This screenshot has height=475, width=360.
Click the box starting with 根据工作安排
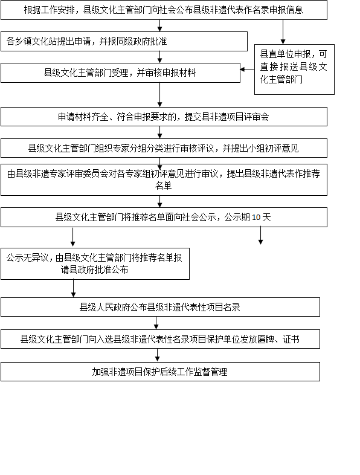coord(164,10)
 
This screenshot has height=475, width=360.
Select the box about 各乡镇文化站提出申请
coord(124,41)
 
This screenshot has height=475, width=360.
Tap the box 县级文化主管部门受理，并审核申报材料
coord(120,73)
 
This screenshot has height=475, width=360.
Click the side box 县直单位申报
coord(294,69)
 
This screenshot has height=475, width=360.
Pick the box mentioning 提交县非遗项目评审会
coord(164,117)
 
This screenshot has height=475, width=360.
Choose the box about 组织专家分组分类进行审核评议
coord(164,148)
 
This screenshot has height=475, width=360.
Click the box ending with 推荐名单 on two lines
coord(164,179)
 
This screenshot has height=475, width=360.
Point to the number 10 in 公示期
coord(256,218)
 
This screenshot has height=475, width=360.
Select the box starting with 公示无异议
coord(95,263)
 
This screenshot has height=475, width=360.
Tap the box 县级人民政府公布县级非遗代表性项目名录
coord(160,307)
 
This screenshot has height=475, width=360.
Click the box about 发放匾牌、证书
coord(160,339)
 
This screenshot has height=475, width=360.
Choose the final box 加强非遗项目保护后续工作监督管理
coord(160,372)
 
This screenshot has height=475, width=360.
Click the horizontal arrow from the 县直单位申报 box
coord(247,69)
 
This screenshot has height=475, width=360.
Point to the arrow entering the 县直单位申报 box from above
coord(283,32)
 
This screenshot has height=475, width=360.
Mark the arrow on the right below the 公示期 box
coord(260,236)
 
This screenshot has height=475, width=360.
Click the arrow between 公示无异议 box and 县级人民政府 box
coord(73,288)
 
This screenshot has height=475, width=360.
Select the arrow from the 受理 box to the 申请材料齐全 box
coord(160,95)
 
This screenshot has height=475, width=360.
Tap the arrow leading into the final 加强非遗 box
coord(158,355)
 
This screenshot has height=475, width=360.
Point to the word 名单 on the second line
coord(164,186)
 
